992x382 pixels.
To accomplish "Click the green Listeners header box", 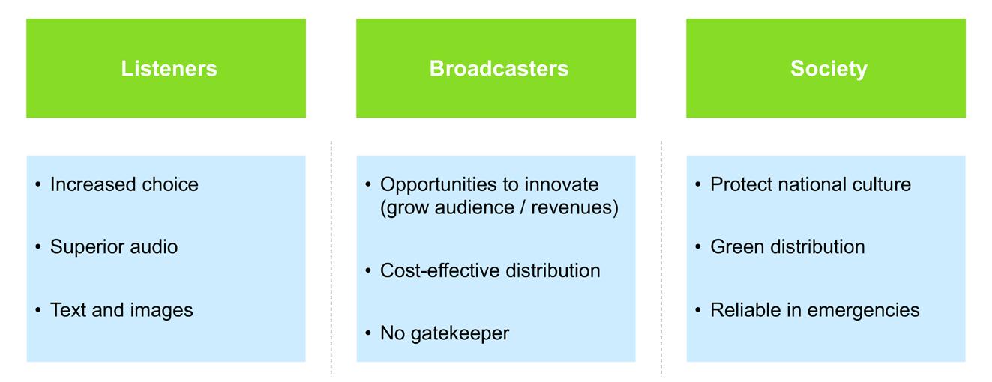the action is (166, 68).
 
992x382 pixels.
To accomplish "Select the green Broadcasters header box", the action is (496, 68).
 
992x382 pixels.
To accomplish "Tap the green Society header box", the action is (826, 68).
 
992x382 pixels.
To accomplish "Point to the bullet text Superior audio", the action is (114, 247).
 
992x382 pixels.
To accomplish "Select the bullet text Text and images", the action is (121, 310).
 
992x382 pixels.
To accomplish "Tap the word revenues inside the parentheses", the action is (574, 207).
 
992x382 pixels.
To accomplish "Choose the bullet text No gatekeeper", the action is (445, 333).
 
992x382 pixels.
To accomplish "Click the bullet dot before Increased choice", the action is (38, 184).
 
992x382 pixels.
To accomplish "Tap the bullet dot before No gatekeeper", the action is (368, 333).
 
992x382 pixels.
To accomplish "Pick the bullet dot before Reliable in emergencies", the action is (698, 310).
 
